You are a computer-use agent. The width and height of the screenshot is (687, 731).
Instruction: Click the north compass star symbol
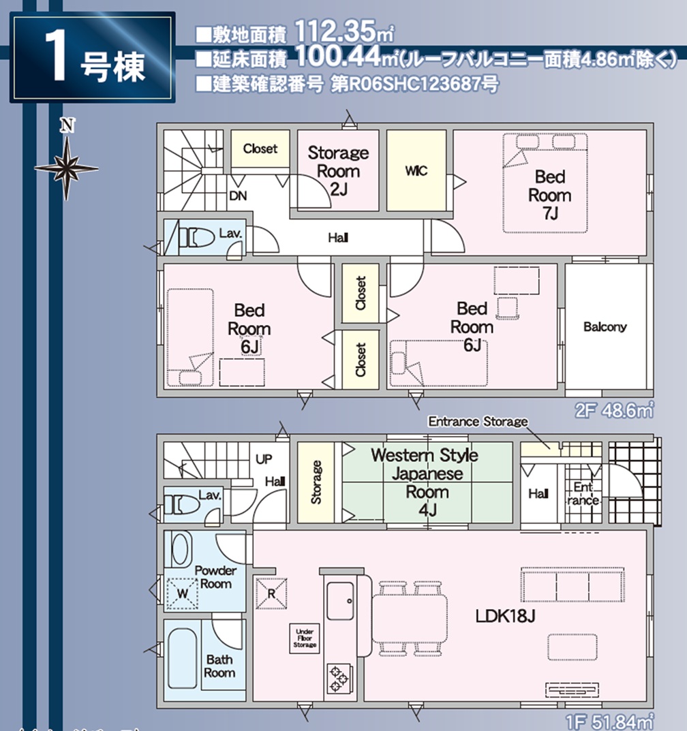pyautogui.click(x=66, y=167)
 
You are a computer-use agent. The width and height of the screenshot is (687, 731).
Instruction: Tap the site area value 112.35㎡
pyautogui.click(x=345, y=32)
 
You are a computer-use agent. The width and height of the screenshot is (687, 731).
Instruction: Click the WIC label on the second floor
pyautogui.click(x=416, y=171)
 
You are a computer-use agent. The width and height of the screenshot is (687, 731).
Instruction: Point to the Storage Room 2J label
pyautogui.click(x=337, y=170)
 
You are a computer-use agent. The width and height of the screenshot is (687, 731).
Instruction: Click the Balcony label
pyautogui.click(x=605, y=327)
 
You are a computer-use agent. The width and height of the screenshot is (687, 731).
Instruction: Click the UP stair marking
pyautogui.click(x=263, y=459)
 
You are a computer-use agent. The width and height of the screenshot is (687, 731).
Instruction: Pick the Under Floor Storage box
pyautogui.click(x=305, y=638)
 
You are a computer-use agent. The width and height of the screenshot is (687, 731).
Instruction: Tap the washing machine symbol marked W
pyautogui.click(x=181, y=592)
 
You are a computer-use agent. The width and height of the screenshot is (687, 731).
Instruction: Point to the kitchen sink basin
pyautogui.click(x=340, y=601)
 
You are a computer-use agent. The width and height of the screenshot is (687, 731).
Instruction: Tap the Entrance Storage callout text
pyautogui.click(x=477, y=422)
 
